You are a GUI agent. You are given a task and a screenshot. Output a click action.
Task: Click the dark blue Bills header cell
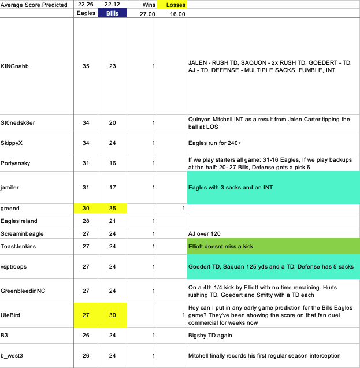pos(112,14)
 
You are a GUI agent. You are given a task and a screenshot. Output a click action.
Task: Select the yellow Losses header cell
pos(172,5)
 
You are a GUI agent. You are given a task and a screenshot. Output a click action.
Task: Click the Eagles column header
pos(86,14)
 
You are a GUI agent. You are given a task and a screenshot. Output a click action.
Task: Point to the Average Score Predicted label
pos(36,5)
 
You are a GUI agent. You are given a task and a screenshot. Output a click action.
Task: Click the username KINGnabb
pos(15,66)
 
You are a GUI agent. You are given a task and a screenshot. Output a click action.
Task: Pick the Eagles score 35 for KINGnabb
pos(86,66)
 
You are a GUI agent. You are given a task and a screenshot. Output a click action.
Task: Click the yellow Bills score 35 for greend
pos(112,208)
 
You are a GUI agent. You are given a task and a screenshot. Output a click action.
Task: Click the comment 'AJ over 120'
pos(205,233)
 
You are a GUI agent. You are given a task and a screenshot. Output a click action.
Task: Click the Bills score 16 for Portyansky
pos(112,163)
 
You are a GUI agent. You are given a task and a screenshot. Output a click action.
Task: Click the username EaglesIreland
pos(20,221)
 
